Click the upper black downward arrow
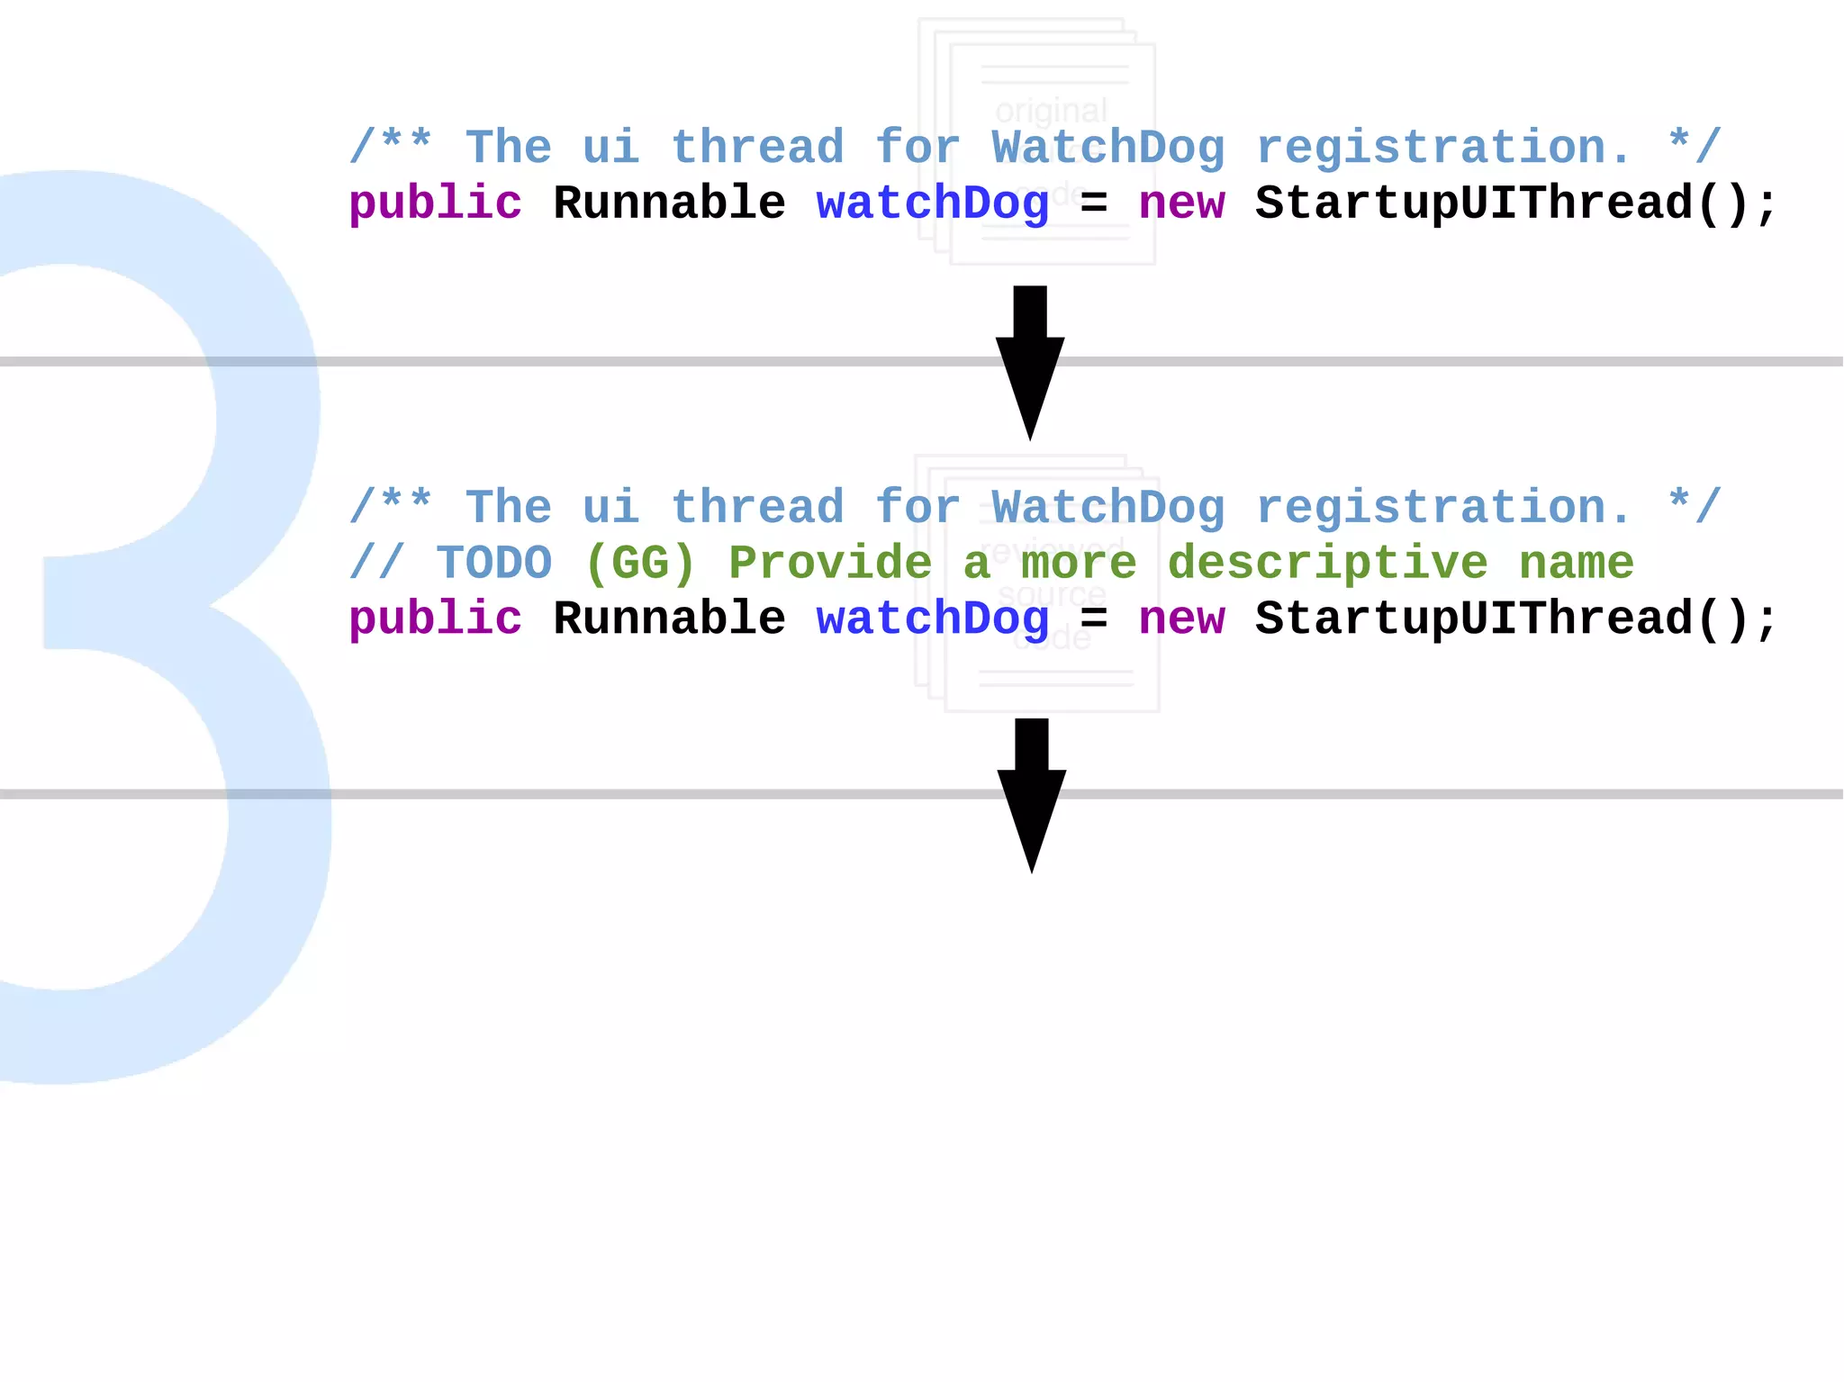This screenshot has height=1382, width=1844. [x=1030, y=360]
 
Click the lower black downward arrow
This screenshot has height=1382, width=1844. [x=1032, y=792]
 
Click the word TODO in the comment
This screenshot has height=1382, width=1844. [x=494, y=564]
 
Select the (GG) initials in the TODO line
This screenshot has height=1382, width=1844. [x=640, y=564]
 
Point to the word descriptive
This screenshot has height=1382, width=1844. [x=1327, y=564]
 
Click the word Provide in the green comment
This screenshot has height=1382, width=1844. [x=830, y=564]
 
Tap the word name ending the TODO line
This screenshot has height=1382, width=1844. [x=1577, y=564]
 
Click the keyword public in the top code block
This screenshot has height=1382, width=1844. [x=435, y=203]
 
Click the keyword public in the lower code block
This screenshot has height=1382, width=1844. [x=435, y=619]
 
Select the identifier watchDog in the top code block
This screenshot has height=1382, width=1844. [x=933, y=203]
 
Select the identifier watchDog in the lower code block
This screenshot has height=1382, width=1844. [x=933, y=619]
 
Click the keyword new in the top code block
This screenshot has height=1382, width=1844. [x=1181, y=203]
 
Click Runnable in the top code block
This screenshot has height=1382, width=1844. [x=669, y=203]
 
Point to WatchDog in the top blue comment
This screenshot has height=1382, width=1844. [x=1108, y=148]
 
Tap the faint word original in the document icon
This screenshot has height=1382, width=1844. [x=1051, y=111]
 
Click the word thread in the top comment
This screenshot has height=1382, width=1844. [x=758, y=148]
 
